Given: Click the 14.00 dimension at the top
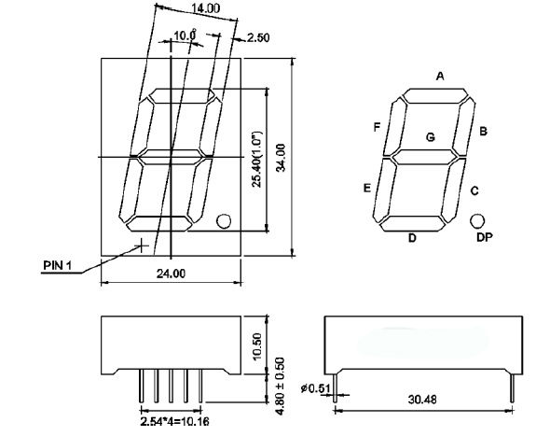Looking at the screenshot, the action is tap(205, 8).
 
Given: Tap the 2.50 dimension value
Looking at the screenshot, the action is tap(258, 37).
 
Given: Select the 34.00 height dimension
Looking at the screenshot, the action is tap(281, 158).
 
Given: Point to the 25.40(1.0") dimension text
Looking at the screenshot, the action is tap(256, 159).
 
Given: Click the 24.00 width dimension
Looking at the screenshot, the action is tap(171, 274).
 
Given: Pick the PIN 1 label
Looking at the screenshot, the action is tap(58, 265).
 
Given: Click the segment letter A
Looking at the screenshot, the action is tap(440, 76).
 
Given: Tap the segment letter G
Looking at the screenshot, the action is tap(431, 137).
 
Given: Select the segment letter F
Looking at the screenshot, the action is tap(377, 127).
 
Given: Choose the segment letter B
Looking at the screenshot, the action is tap(483, 132).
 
